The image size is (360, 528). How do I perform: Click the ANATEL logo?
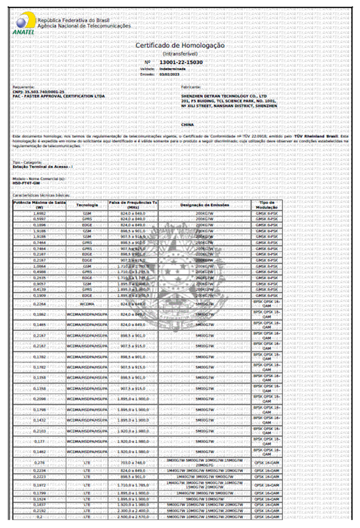coord(24,23)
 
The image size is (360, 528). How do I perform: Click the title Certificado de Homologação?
coord(180,45)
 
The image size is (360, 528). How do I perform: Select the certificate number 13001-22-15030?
coord(181,62)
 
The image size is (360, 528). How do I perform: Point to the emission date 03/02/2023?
coord(169,74)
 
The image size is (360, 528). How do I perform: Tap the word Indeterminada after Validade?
coord(172,69)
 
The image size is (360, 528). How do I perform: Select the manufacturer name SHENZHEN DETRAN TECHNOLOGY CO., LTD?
coord(224,96)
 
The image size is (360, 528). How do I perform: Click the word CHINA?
coord(187,125)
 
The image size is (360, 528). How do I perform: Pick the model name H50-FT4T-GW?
coord(26,183)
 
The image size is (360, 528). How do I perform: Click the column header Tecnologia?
coord(87,205)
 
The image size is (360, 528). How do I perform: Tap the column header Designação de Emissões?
coord(205,205)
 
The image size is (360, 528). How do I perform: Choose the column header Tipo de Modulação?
coord(266,205)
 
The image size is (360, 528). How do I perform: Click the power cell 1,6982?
coord(39,213)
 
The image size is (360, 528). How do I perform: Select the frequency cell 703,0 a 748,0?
coord(133,463)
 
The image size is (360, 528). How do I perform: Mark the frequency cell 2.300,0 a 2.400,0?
coord(133,511)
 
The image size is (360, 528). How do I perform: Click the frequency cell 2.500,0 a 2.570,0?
coord(133,517)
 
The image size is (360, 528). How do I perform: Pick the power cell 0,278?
coord(39,463)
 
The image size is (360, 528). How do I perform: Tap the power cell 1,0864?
coord(39,266)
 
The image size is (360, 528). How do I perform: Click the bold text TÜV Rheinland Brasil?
coord(316,136)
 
